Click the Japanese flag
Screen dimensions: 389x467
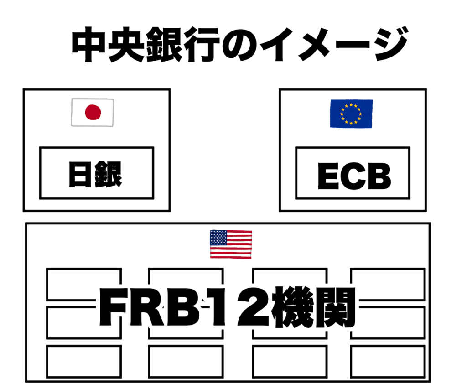(93, 112)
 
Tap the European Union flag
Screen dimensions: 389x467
(351, 113)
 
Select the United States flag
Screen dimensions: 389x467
(231, 244)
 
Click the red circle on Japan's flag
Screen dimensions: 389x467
(93, 112)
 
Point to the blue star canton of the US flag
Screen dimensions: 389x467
(218, 238)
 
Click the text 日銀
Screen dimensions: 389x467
(96, 174)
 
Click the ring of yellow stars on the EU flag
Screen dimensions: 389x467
(351, 113)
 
